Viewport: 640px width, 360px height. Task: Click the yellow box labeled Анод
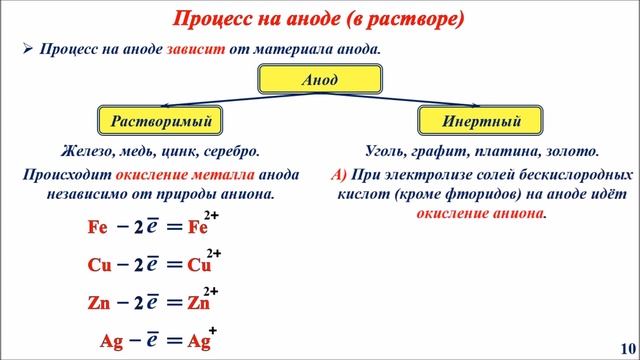point(320,79)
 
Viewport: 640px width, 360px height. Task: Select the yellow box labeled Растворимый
point(159,122)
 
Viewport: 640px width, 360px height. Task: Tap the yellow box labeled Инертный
point(481,122)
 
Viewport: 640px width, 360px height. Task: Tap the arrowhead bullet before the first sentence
point(28,49)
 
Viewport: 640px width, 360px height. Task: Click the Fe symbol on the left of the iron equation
point(97,227)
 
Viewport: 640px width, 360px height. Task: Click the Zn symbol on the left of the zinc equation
point(98,302)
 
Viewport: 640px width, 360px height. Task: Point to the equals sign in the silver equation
point(174,340)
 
